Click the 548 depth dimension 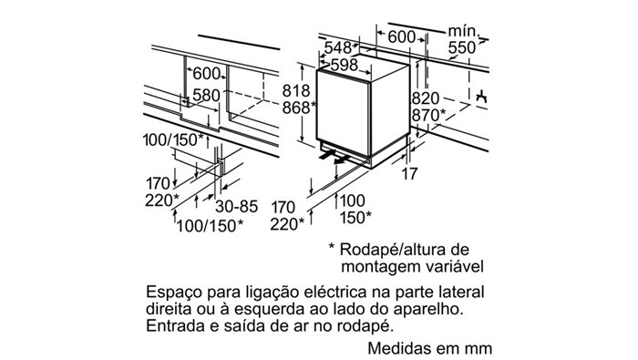338,48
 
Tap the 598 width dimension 345,65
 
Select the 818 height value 296,90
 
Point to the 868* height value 300,108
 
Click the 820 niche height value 426,98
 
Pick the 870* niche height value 429,116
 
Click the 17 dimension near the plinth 410,174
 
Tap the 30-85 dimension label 236,207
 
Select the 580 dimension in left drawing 206,96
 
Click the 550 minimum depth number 462,48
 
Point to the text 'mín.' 464,31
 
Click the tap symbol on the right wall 482,96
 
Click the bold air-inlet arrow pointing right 327,155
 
